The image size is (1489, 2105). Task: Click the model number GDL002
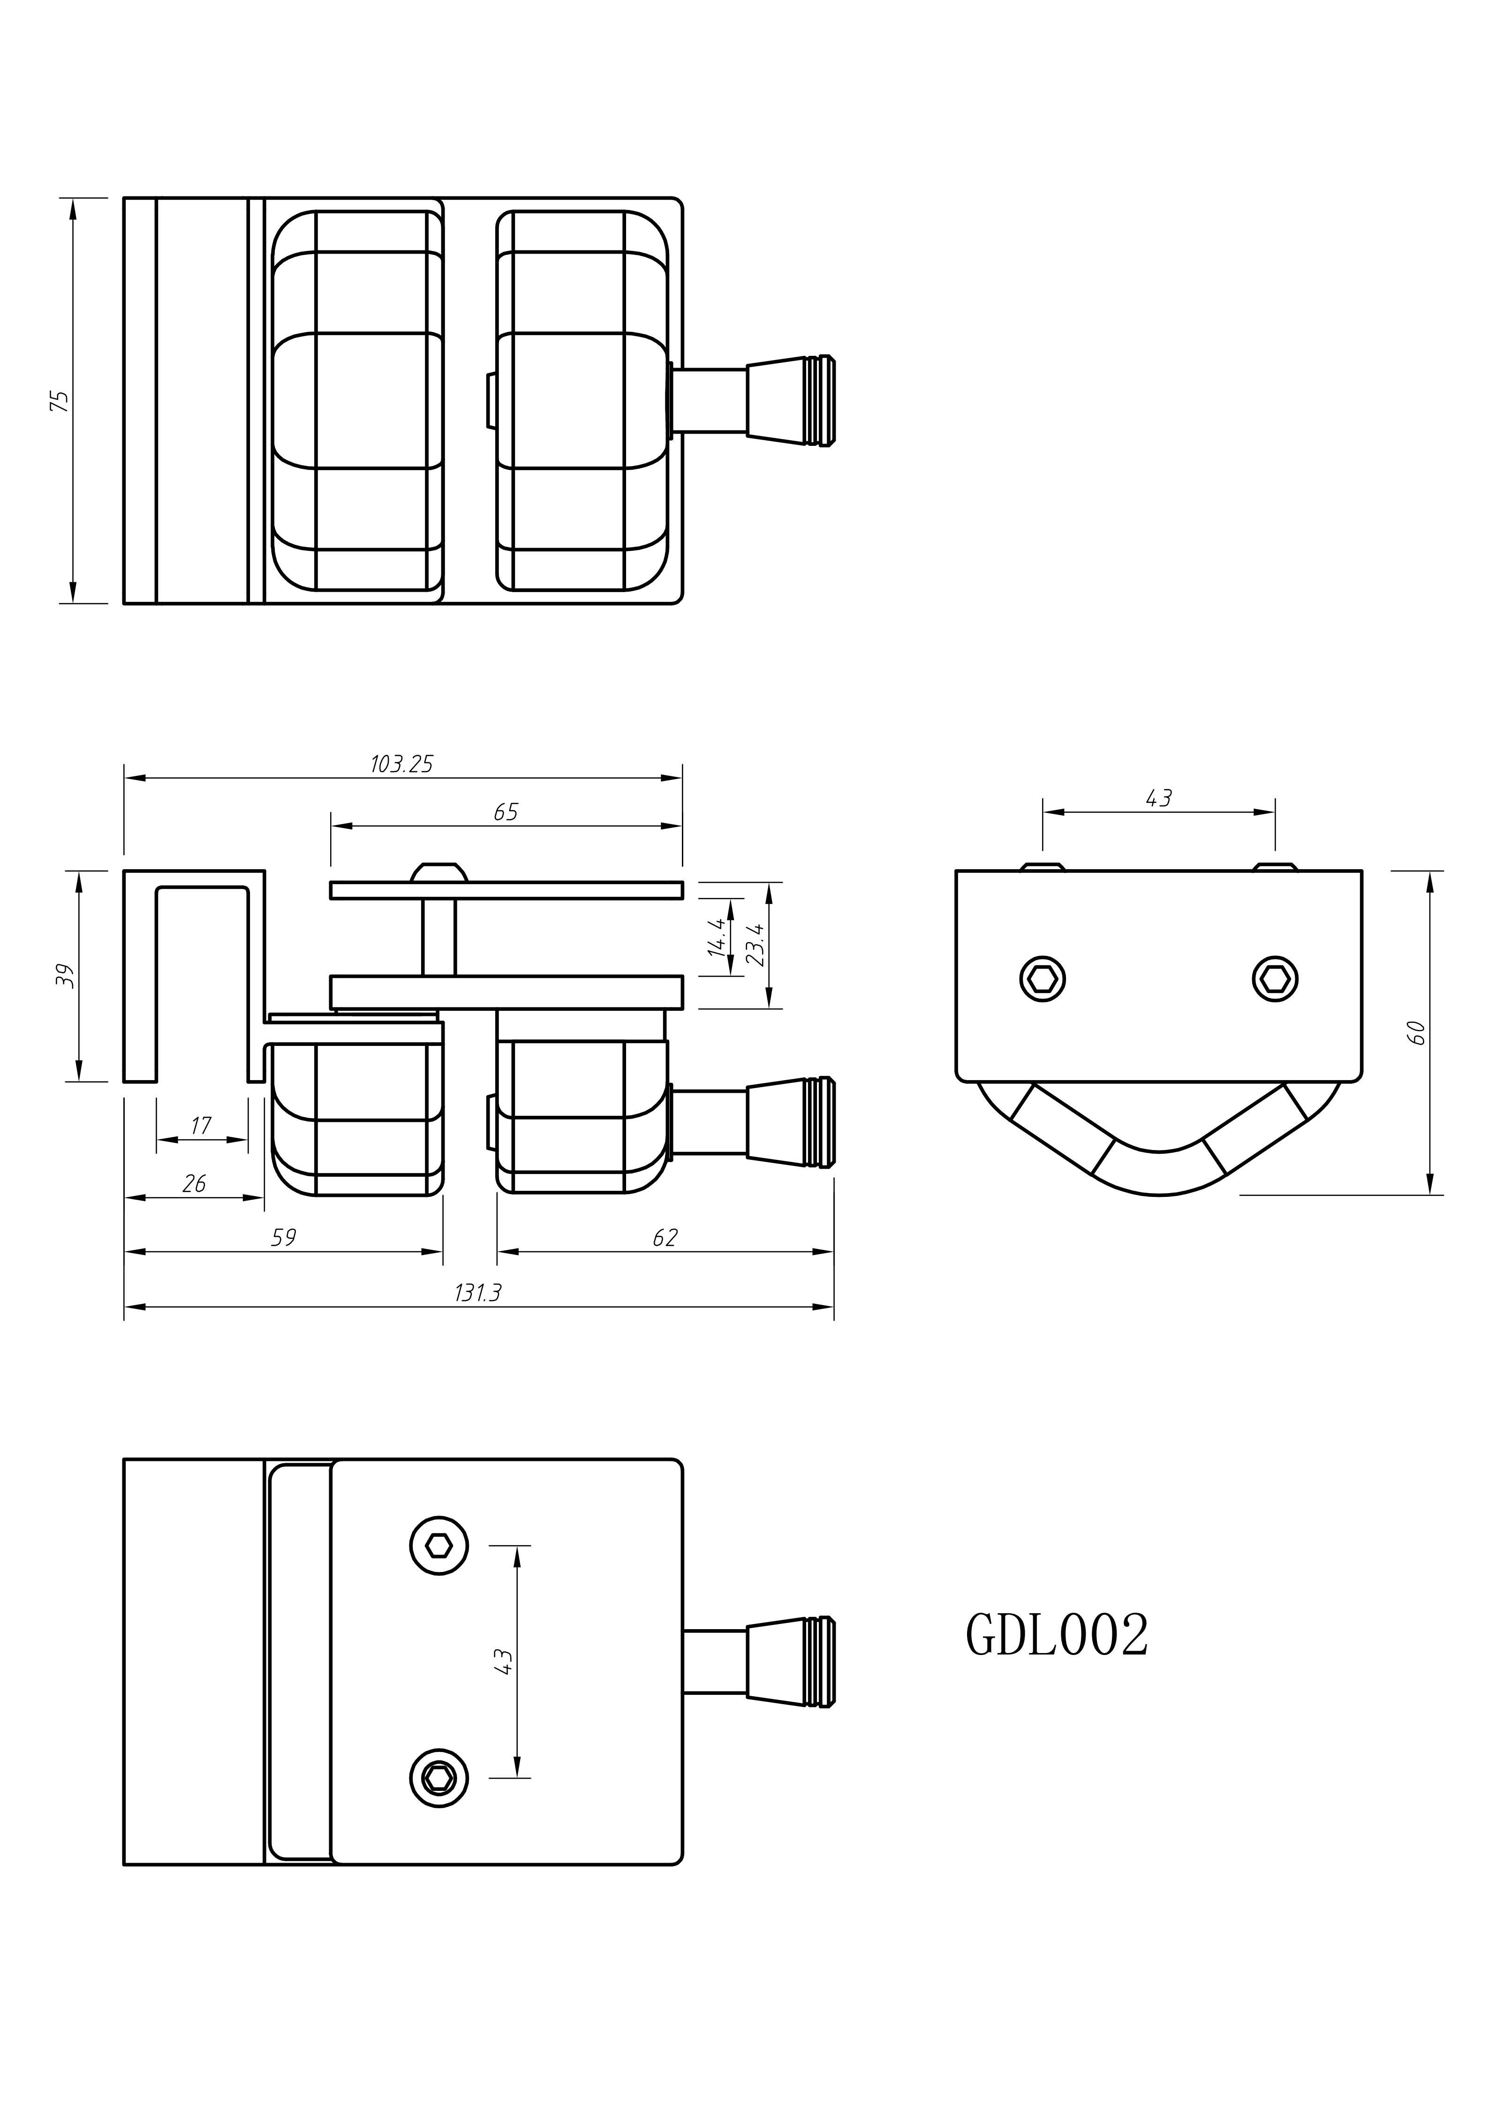[x=1056, y=1637]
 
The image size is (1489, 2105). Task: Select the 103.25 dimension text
[x=401, y=764]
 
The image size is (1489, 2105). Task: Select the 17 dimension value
[x=201, y=1125]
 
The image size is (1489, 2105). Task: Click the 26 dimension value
[x=194, y=1184]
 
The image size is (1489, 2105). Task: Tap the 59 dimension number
[x=283, y=1238]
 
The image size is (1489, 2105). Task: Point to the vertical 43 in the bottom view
[x=502, y=1662]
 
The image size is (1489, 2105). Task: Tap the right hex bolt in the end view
[x=1275, y=979]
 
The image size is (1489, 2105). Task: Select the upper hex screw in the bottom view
[x=439, y=1546]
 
